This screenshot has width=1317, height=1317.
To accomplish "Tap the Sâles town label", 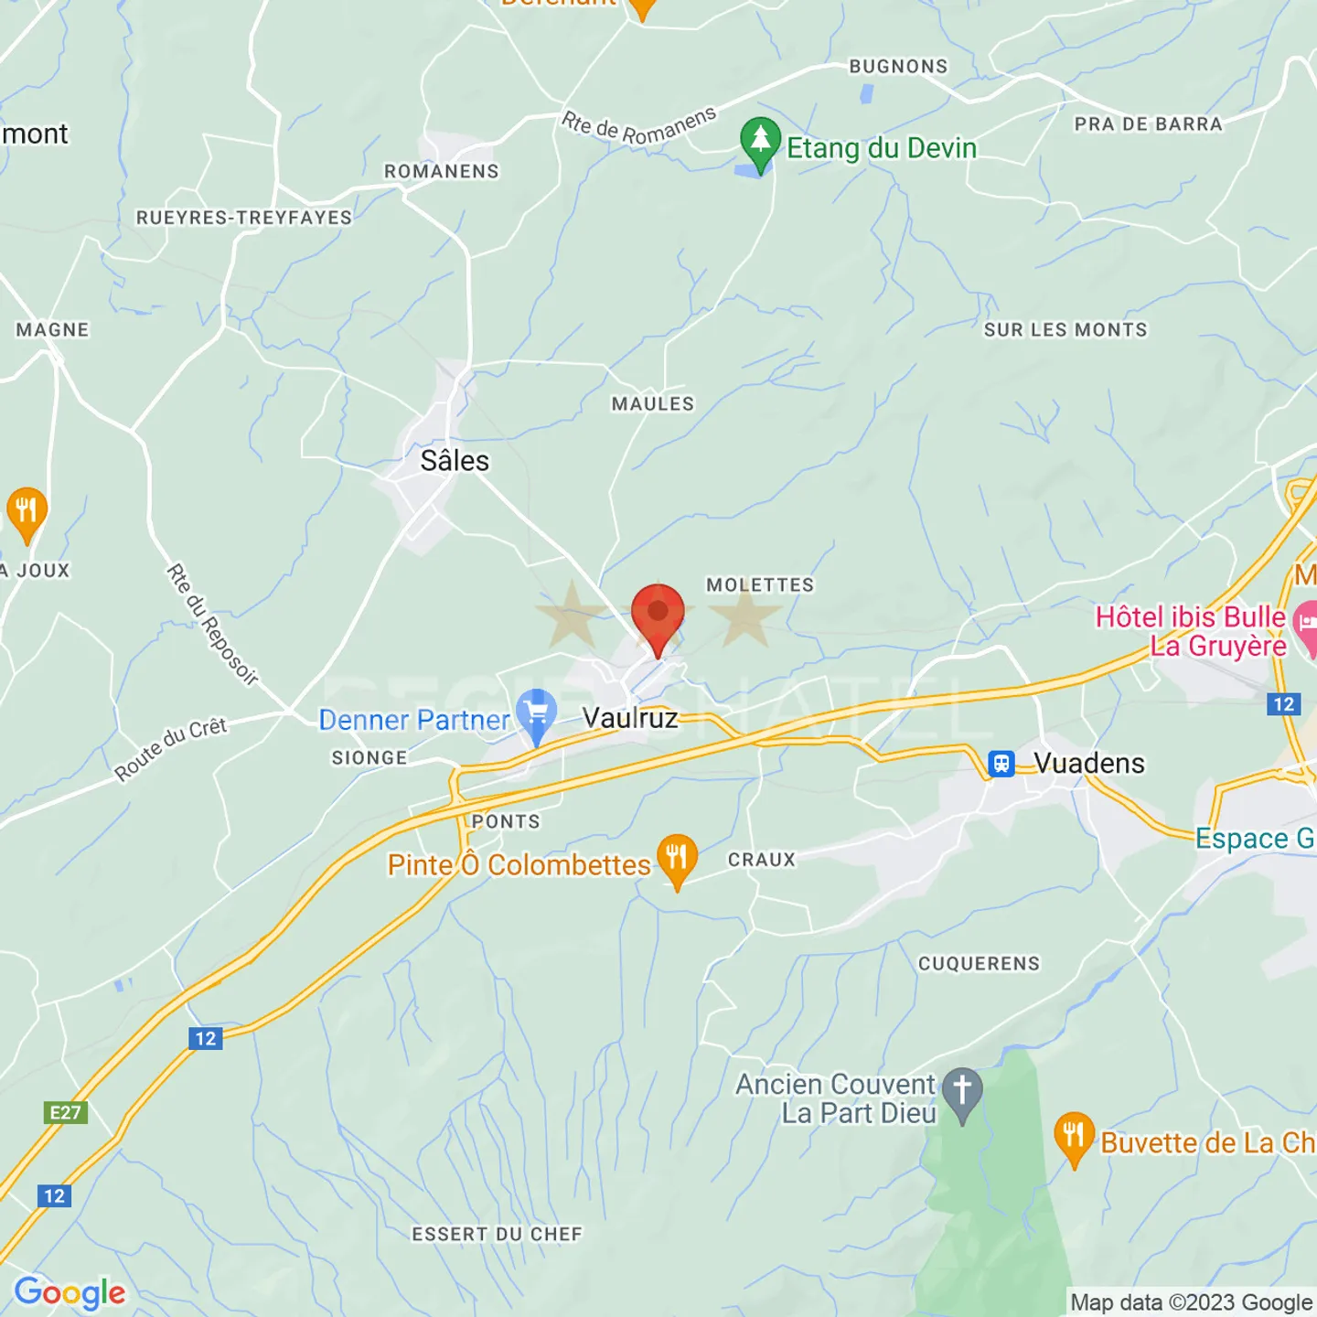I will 455,460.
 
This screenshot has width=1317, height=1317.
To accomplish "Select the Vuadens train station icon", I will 1001,763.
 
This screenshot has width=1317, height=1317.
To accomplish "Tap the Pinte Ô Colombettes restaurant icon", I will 677,858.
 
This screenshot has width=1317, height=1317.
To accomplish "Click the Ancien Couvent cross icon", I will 962,1090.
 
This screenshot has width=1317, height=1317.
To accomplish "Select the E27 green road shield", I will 65,1112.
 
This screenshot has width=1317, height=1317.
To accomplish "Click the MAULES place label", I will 653,403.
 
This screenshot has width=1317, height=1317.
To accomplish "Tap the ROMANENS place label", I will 442,171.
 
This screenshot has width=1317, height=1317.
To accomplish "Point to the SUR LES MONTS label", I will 1065,329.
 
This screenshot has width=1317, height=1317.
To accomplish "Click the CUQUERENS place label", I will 979,963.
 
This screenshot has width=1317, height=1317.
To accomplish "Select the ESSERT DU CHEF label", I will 497,1234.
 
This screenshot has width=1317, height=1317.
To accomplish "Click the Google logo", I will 70,1293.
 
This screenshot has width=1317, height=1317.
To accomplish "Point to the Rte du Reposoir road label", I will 212,624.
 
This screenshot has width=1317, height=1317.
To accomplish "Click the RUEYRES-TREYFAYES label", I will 244,218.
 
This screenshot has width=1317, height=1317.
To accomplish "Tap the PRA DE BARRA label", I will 1148,123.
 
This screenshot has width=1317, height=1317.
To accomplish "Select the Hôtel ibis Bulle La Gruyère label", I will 1192,631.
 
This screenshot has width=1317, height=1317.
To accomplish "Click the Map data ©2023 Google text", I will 1191,1302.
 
